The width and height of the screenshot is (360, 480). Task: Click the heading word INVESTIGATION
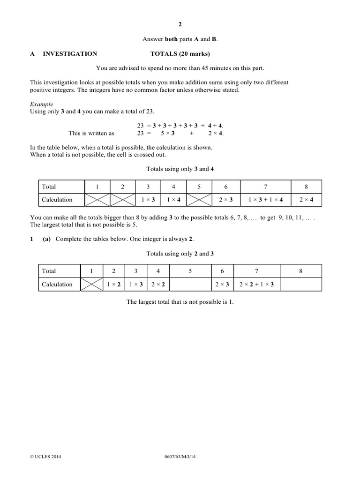70,54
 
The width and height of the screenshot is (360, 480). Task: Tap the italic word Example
41,104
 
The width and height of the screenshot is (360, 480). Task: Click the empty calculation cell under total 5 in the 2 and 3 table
190,285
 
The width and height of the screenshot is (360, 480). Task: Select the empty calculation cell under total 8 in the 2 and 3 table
300,285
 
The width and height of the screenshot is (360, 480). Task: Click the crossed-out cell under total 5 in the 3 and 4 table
199,200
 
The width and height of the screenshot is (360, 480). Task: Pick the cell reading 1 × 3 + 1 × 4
265,200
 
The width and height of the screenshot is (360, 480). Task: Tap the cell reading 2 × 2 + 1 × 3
256,285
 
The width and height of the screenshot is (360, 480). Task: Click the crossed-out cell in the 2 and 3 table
91,285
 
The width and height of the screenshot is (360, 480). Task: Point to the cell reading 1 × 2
113,285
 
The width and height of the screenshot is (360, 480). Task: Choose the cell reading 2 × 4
307,200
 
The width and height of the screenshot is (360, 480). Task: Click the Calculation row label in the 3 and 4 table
57,200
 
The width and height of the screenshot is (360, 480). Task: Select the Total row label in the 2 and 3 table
49,271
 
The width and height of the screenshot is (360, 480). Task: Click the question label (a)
46,239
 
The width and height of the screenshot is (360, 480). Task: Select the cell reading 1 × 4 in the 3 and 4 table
173,200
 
